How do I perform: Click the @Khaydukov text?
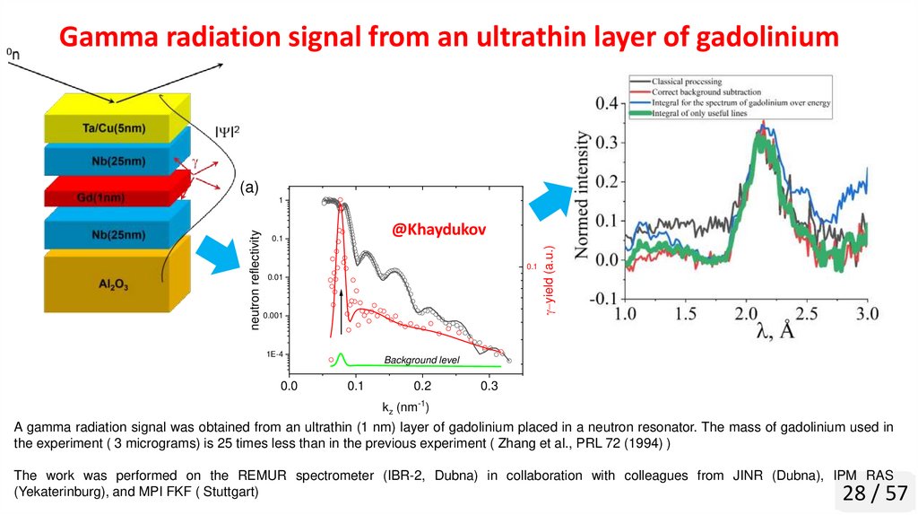(438, 230)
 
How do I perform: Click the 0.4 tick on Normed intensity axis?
(607, 103)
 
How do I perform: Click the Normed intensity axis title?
(584, 196)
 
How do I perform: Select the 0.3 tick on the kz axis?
(489, 386)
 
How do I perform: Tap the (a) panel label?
(248, 188)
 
